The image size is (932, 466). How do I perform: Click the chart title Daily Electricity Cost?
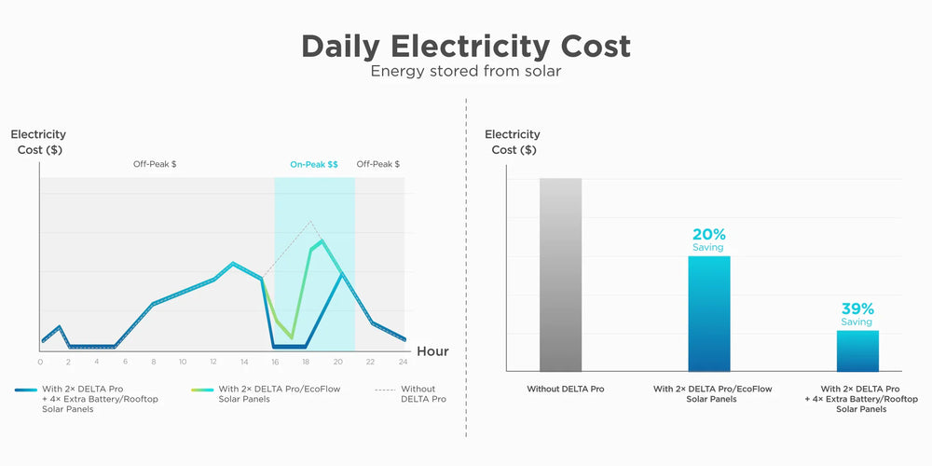(466, 46)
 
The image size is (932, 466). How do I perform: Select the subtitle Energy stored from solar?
(466, 71)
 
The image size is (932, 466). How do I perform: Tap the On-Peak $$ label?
(314, 164)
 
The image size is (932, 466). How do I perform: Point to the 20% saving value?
(709, 235)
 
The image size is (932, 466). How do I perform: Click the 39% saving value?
(857, 309)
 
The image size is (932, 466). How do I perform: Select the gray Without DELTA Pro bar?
(560, 274)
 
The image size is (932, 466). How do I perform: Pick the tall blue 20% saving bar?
(709, 313)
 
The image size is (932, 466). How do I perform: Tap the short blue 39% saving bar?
(857, 350)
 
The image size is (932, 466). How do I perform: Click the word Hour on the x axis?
(432, 351)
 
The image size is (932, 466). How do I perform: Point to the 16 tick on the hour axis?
(275, 362)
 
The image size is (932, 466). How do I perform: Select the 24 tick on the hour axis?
(403, 362)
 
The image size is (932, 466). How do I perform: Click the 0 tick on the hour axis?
(40, 362)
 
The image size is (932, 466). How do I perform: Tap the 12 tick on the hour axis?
(212, 362)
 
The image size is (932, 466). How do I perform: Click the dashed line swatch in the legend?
(383, 389)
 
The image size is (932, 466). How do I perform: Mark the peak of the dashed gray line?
(311, 222)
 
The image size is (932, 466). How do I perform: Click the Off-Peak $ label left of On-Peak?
(155, 164)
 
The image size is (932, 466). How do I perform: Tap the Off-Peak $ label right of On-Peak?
(378, 164)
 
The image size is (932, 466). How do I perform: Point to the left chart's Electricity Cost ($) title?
(38, 142)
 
